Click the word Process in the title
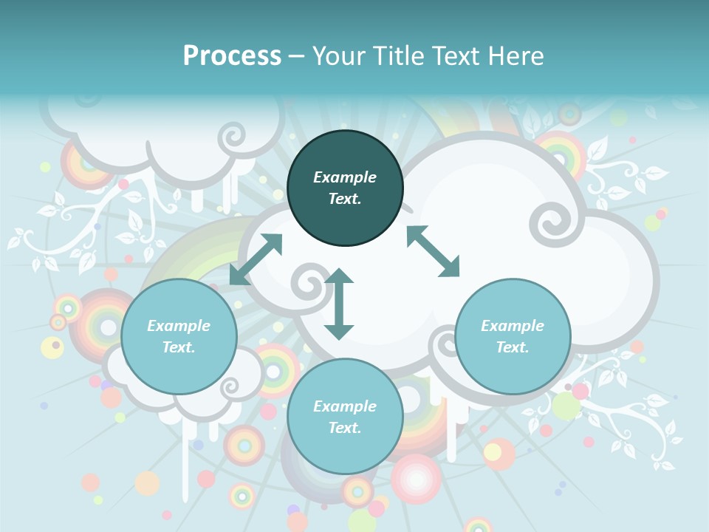tap(232, 56)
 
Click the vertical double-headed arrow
tap(339, 304)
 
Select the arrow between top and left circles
tap(256, 259)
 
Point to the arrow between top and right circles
tap(433, 251)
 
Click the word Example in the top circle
tap(345, 177)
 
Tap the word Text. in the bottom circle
tap(345, 428)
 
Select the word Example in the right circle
tap(513, 326)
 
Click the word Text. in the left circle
tap(179, 347)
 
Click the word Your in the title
tap(338, 56)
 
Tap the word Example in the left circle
tap(179, 326)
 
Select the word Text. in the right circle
tap(513, 347)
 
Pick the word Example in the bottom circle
tap(345, 406)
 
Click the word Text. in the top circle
tap(345, 199)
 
